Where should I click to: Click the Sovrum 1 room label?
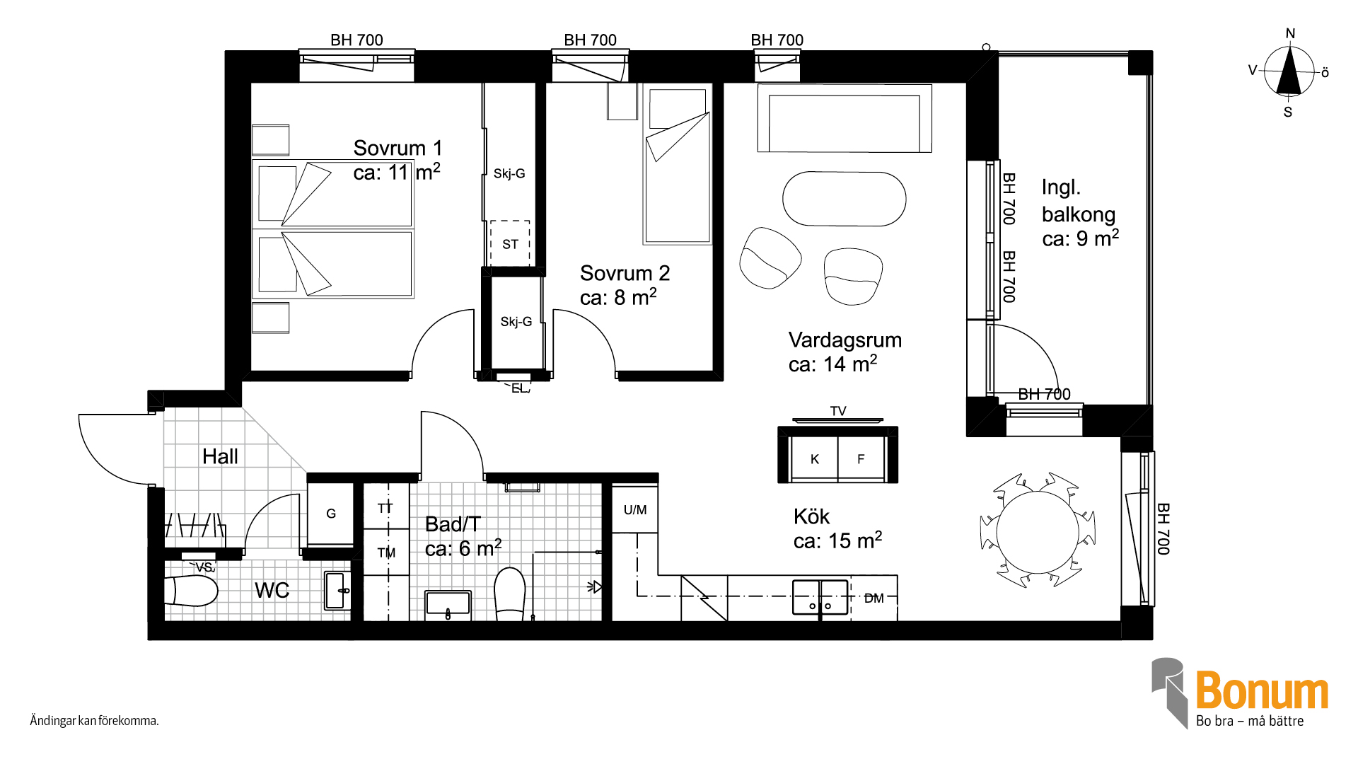[x=397, y=148]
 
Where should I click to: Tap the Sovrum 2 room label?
[x=625, y=273]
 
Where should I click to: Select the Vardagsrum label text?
[x=845, y=340]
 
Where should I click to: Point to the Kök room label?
[x=811, y=516]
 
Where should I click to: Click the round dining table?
[x=1038, y=532]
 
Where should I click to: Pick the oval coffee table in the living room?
[x=844, y=199]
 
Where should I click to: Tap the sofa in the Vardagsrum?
[x=845, y=118]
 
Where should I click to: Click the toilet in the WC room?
[x=192, y=591]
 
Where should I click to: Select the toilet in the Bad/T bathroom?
[x=510, y=594]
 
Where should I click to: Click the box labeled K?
[x=814, y=459]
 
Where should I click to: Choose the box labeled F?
[x=861, y=459]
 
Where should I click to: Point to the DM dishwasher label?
[x=874, y=598]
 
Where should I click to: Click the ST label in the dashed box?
[x=510, y=245]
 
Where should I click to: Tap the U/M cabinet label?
[x=635, y=509]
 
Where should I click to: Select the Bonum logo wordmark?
[x=1262, y=690]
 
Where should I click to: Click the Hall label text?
[x=220, y=456]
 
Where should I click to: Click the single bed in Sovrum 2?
[x=678, y=166]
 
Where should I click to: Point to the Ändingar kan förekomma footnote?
[x=94, y=721]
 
